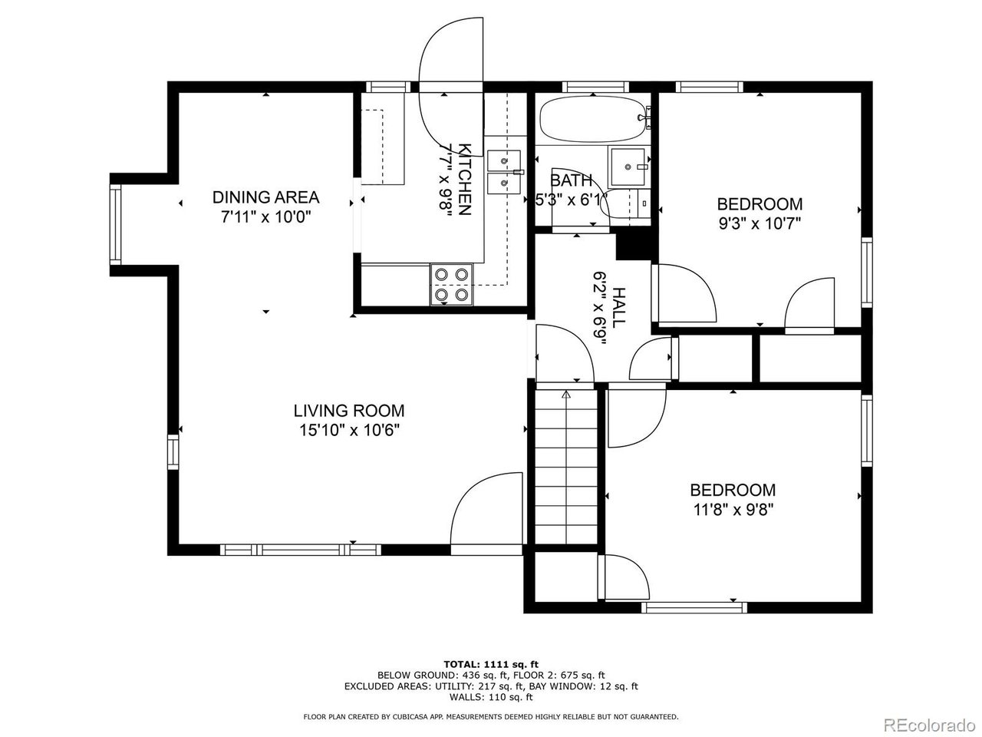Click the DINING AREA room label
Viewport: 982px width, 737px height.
point(265,197)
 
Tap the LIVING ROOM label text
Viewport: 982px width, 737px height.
point(349,411)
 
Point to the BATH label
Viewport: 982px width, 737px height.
point(571,180)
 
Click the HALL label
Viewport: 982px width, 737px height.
point(618,307)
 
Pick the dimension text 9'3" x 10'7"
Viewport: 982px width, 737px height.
point(760,223)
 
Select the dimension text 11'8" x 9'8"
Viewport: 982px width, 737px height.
point(733,510)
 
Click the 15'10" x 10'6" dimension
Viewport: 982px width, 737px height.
point(349,431)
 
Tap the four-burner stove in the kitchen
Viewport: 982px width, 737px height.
point(452,284)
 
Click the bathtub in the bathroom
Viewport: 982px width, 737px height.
point(593,118)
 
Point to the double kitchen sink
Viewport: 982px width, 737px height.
point(504,172)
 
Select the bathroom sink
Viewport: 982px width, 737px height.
point(628,167)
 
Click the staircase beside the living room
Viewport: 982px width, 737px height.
point(566,467)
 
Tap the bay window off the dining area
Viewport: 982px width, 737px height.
point(116,225)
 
